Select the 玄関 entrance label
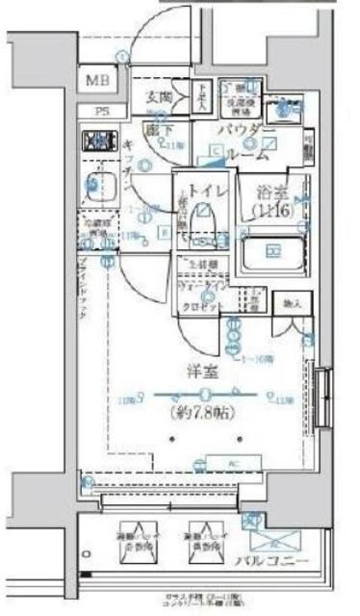tap(159, 96)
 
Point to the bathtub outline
tap(273, 252)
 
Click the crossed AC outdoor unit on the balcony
tap(260, 528)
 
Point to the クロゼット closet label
tap(204, 306)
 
